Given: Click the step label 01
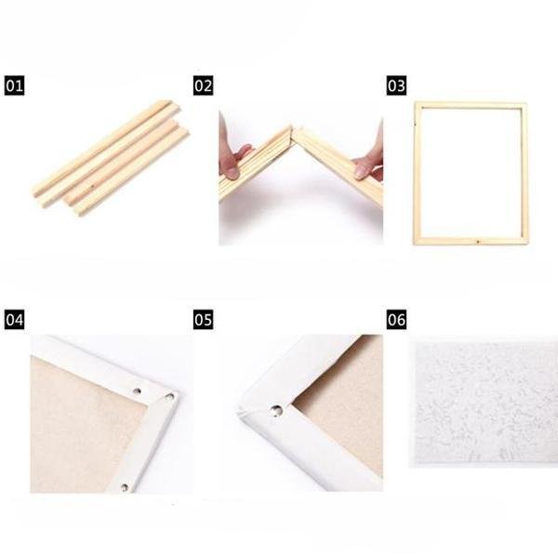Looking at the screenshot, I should click(15, 86).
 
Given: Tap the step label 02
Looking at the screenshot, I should click(204, 86).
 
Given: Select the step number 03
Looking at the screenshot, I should click(396, 86).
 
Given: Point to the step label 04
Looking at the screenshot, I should click(15, 320).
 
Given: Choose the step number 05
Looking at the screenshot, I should click(204, 320).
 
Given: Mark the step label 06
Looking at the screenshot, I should click(396, 320).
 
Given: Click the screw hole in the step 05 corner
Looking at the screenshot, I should click(276, 409).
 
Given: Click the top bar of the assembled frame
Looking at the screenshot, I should click(471, 106).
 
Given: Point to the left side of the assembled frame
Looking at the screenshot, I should click(417, 173).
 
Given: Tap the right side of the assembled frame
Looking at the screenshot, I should click(525, 173).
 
